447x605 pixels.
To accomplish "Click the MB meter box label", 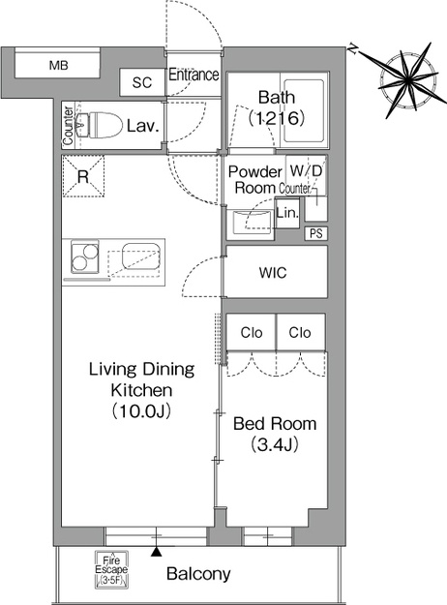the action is click(x=59, y=65).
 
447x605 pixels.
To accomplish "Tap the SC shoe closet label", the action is click(x=142, y=82).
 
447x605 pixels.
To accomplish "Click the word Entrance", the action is click(x=194, y=75).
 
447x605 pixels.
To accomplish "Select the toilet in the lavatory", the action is click(x=99, y=124).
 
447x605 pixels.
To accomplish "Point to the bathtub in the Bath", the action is click(x=304, y=110).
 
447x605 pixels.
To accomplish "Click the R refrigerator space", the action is click(x=83, y=176).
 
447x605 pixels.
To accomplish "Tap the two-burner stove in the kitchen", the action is click(x=85, y=257).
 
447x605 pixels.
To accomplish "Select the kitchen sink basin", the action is click(x=140, y=256).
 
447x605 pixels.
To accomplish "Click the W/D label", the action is click(x=306, y=170).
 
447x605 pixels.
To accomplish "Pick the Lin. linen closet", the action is click(x=287, y=213).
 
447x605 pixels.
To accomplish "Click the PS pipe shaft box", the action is click(x=316, y=233).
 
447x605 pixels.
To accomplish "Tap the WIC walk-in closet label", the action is click(x=273, y=273).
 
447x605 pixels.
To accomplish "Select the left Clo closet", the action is click(x=252, y=332).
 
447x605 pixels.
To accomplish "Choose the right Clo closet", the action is click(x=301, y=332).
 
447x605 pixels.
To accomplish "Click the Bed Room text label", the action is click(x=275, y=424).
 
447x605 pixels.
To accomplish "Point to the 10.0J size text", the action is click(x=141, y=411).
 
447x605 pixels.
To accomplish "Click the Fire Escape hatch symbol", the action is click(x=111, y=569).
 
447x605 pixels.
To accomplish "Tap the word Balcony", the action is click(x=198, y=574).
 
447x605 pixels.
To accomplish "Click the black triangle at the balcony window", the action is click(x=156, y=552).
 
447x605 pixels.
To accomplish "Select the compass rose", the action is click(x=408, y=80).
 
